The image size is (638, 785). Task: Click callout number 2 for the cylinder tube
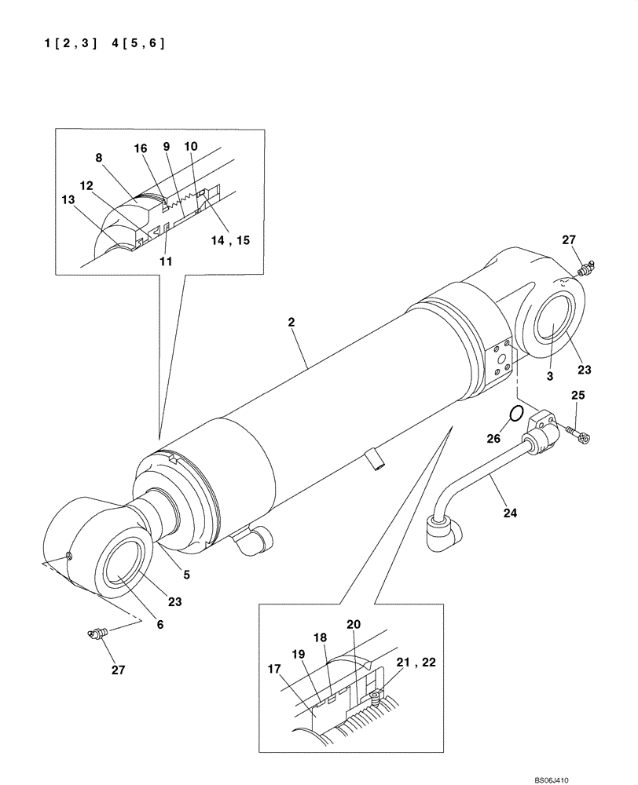tap(291, 322)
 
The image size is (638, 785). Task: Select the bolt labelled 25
tap(578, 431)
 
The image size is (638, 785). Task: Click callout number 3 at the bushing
tap(550, 377)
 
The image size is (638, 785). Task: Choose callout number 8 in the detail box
tap(99, 158)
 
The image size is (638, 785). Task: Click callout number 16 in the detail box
tap(140, 148)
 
